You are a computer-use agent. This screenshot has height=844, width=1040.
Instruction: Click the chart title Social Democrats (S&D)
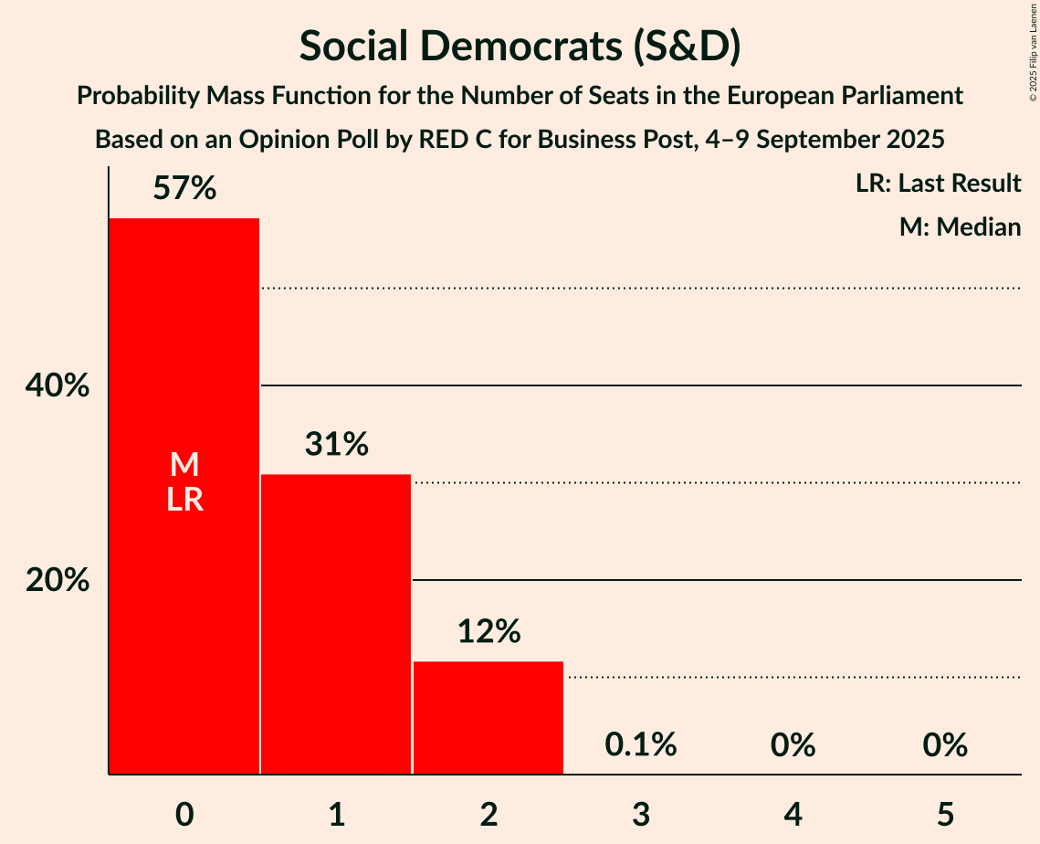coord(520,47)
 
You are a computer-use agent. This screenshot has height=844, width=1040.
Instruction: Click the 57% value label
coord(184,189)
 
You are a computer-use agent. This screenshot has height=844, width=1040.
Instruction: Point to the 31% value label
coord(336,445)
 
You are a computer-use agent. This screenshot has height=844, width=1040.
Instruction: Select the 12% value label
coord(488,631)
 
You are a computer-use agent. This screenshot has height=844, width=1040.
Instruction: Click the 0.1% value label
coord(641,745)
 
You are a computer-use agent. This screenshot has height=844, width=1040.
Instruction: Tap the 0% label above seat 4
coord(793,745)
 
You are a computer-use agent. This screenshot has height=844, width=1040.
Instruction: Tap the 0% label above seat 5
coord(945,745)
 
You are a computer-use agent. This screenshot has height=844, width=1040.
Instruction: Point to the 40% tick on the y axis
coord(57,386)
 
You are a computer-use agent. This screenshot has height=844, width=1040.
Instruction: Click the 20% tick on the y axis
coord(57,580)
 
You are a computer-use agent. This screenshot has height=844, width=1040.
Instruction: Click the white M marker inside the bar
coord(184,465)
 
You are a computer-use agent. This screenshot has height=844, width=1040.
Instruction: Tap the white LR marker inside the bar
coord(184,500)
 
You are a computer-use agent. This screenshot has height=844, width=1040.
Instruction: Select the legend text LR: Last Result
coord(938,184)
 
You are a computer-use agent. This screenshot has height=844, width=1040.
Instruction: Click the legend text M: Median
coord(960,227)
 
